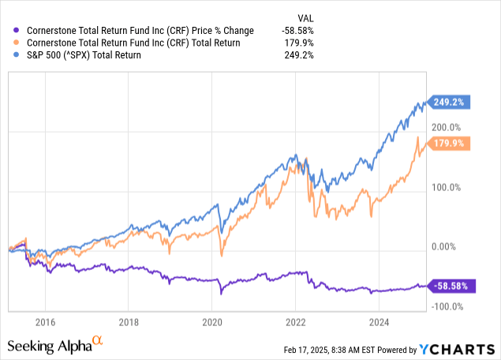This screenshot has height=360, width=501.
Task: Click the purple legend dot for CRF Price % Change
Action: point(9,31)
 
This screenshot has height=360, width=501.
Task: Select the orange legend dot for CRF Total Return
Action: point(9,43)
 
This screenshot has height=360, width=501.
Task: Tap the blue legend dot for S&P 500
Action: point(9,54)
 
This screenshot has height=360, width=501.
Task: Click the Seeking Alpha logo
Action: point(55,345)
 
